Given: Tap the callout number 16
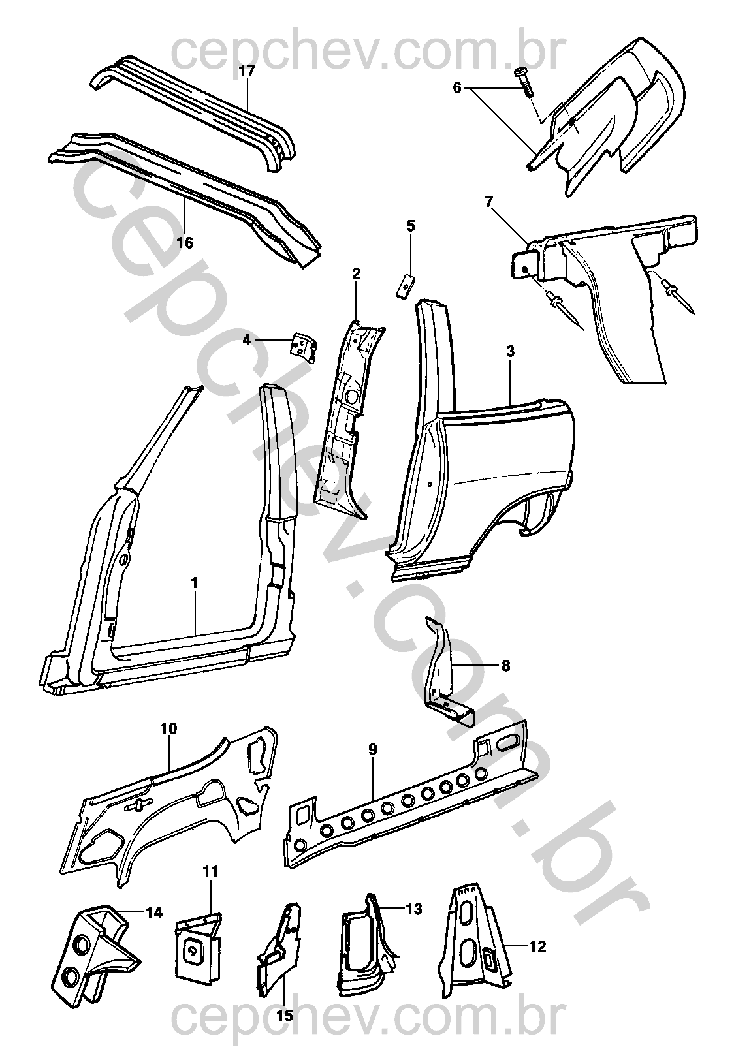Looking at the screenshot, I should tap(185, 243).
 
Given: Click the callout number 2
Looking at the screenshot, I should tap(356, 273).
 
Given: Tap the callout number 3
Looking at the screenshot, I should tap(510, 351).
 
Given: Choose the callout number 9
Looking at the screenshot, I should tap(372, 751).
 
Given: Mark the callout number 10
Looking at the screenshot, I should tap(168, 728).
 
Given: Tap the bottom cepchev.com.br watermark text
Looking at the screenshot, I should tap(366, 1037).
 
